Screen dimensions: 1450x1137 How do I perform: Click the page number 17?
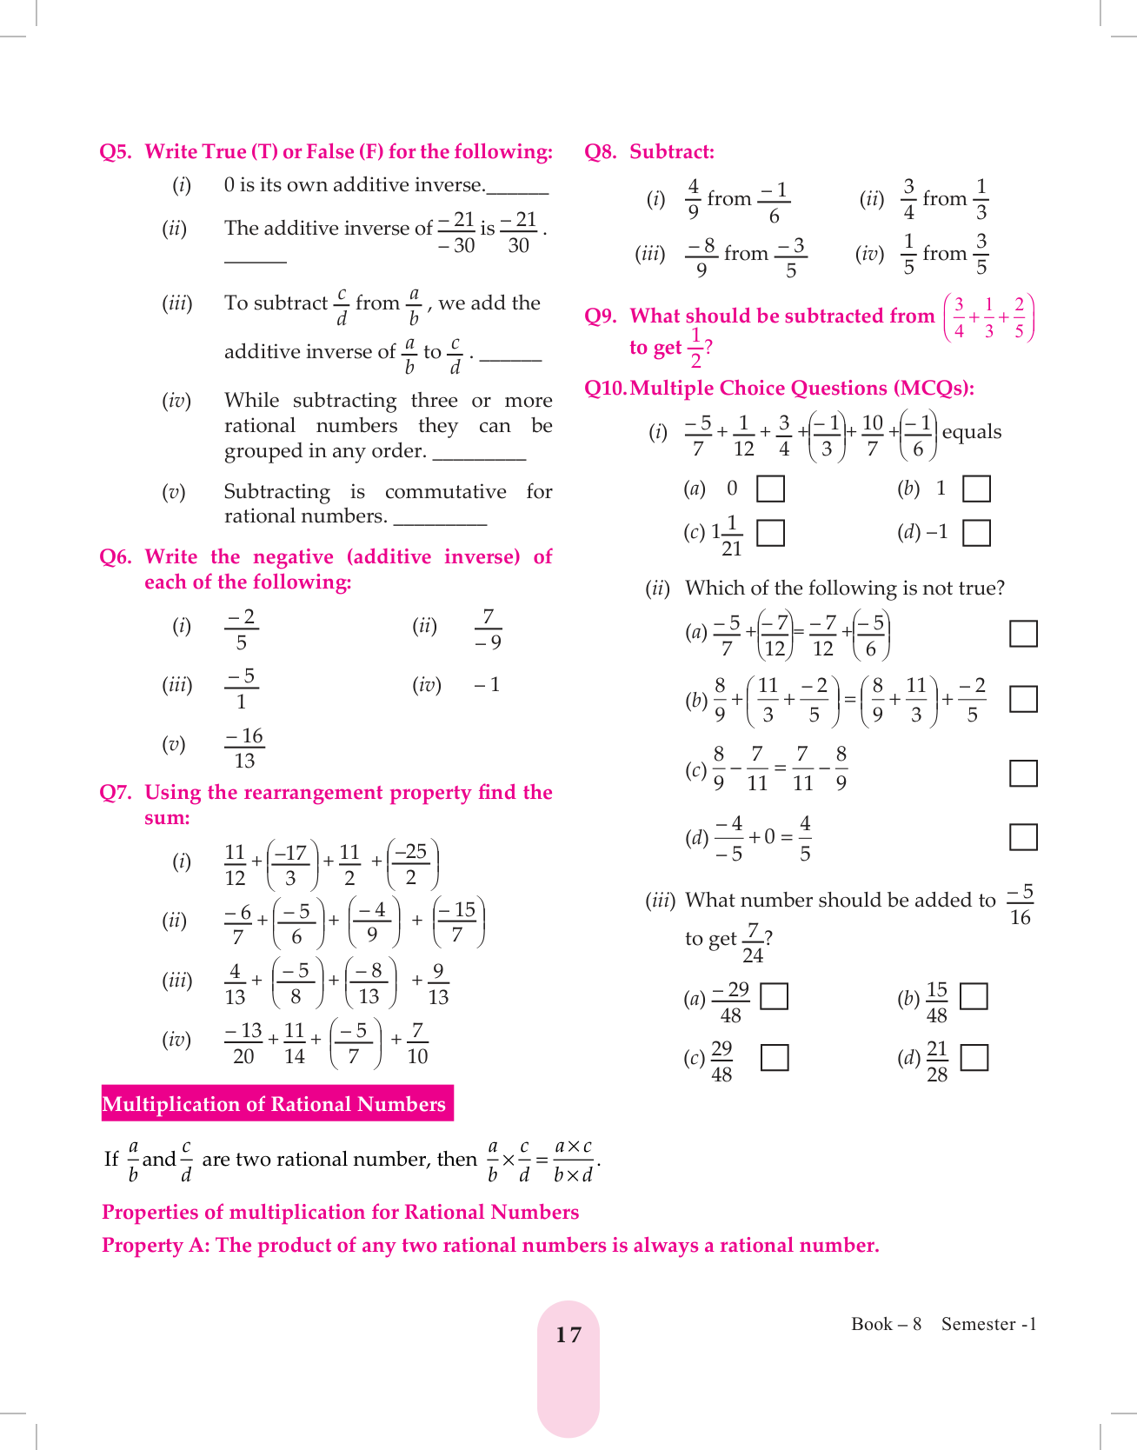coord(568,1334)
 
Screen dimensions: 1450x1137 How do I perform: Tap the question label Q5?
coord(116,152)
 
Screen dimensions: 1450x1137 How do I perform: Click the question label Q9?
coord(601,316)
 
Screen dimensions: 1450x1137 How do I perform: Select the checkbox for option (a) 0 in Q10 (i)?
coord(770,489)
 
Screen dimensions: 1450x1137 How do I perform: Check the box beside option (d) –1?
coord(976,532)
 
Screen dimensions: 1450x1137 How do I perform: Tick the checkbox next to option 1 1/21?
coord(770,533)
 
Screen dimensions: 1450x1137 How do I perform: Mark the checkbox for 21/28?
coord(974,1057)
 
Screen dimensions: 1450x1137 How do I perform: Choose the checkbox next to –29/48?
coord(774,996)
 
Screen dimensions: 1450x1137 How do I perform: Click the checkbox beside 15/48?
coord(974,996)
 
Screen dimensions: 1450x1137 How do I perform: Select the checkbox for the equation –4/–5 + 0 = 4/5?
coord(1023,837)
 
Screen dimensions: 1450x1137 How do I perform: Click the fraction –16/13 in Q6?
coord(244,748)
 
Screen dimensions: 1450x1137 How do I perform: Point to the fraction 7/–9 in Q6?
coord(488,629)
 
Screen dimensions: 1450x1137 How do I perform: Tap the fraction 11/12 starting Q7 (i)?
coord(235,865)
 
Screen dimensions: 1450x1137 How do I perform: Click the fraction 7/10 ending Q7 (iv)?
coord(417,1043)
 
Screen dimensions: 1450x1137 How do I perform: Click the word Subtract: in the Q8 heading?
coord(672,152)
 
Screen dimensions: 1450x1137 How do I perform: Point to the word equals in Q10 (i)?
coord(971,432)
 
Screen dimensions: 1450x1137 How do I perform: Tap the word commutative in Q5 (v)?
coord(445,492)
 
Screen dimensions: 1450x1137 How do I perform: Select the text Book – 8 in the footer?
coord(886,1324)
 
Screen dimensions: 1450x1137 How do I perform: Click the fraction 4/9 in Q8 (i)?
coord(693,199)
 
